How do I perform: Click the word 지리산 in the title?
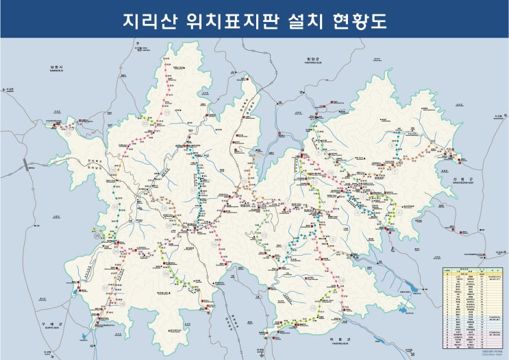(x=147, y=21)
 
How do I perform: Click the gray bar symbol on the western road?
(x=25, y=165)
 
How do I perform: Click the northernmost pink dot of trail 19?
(x=165, y=60)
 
